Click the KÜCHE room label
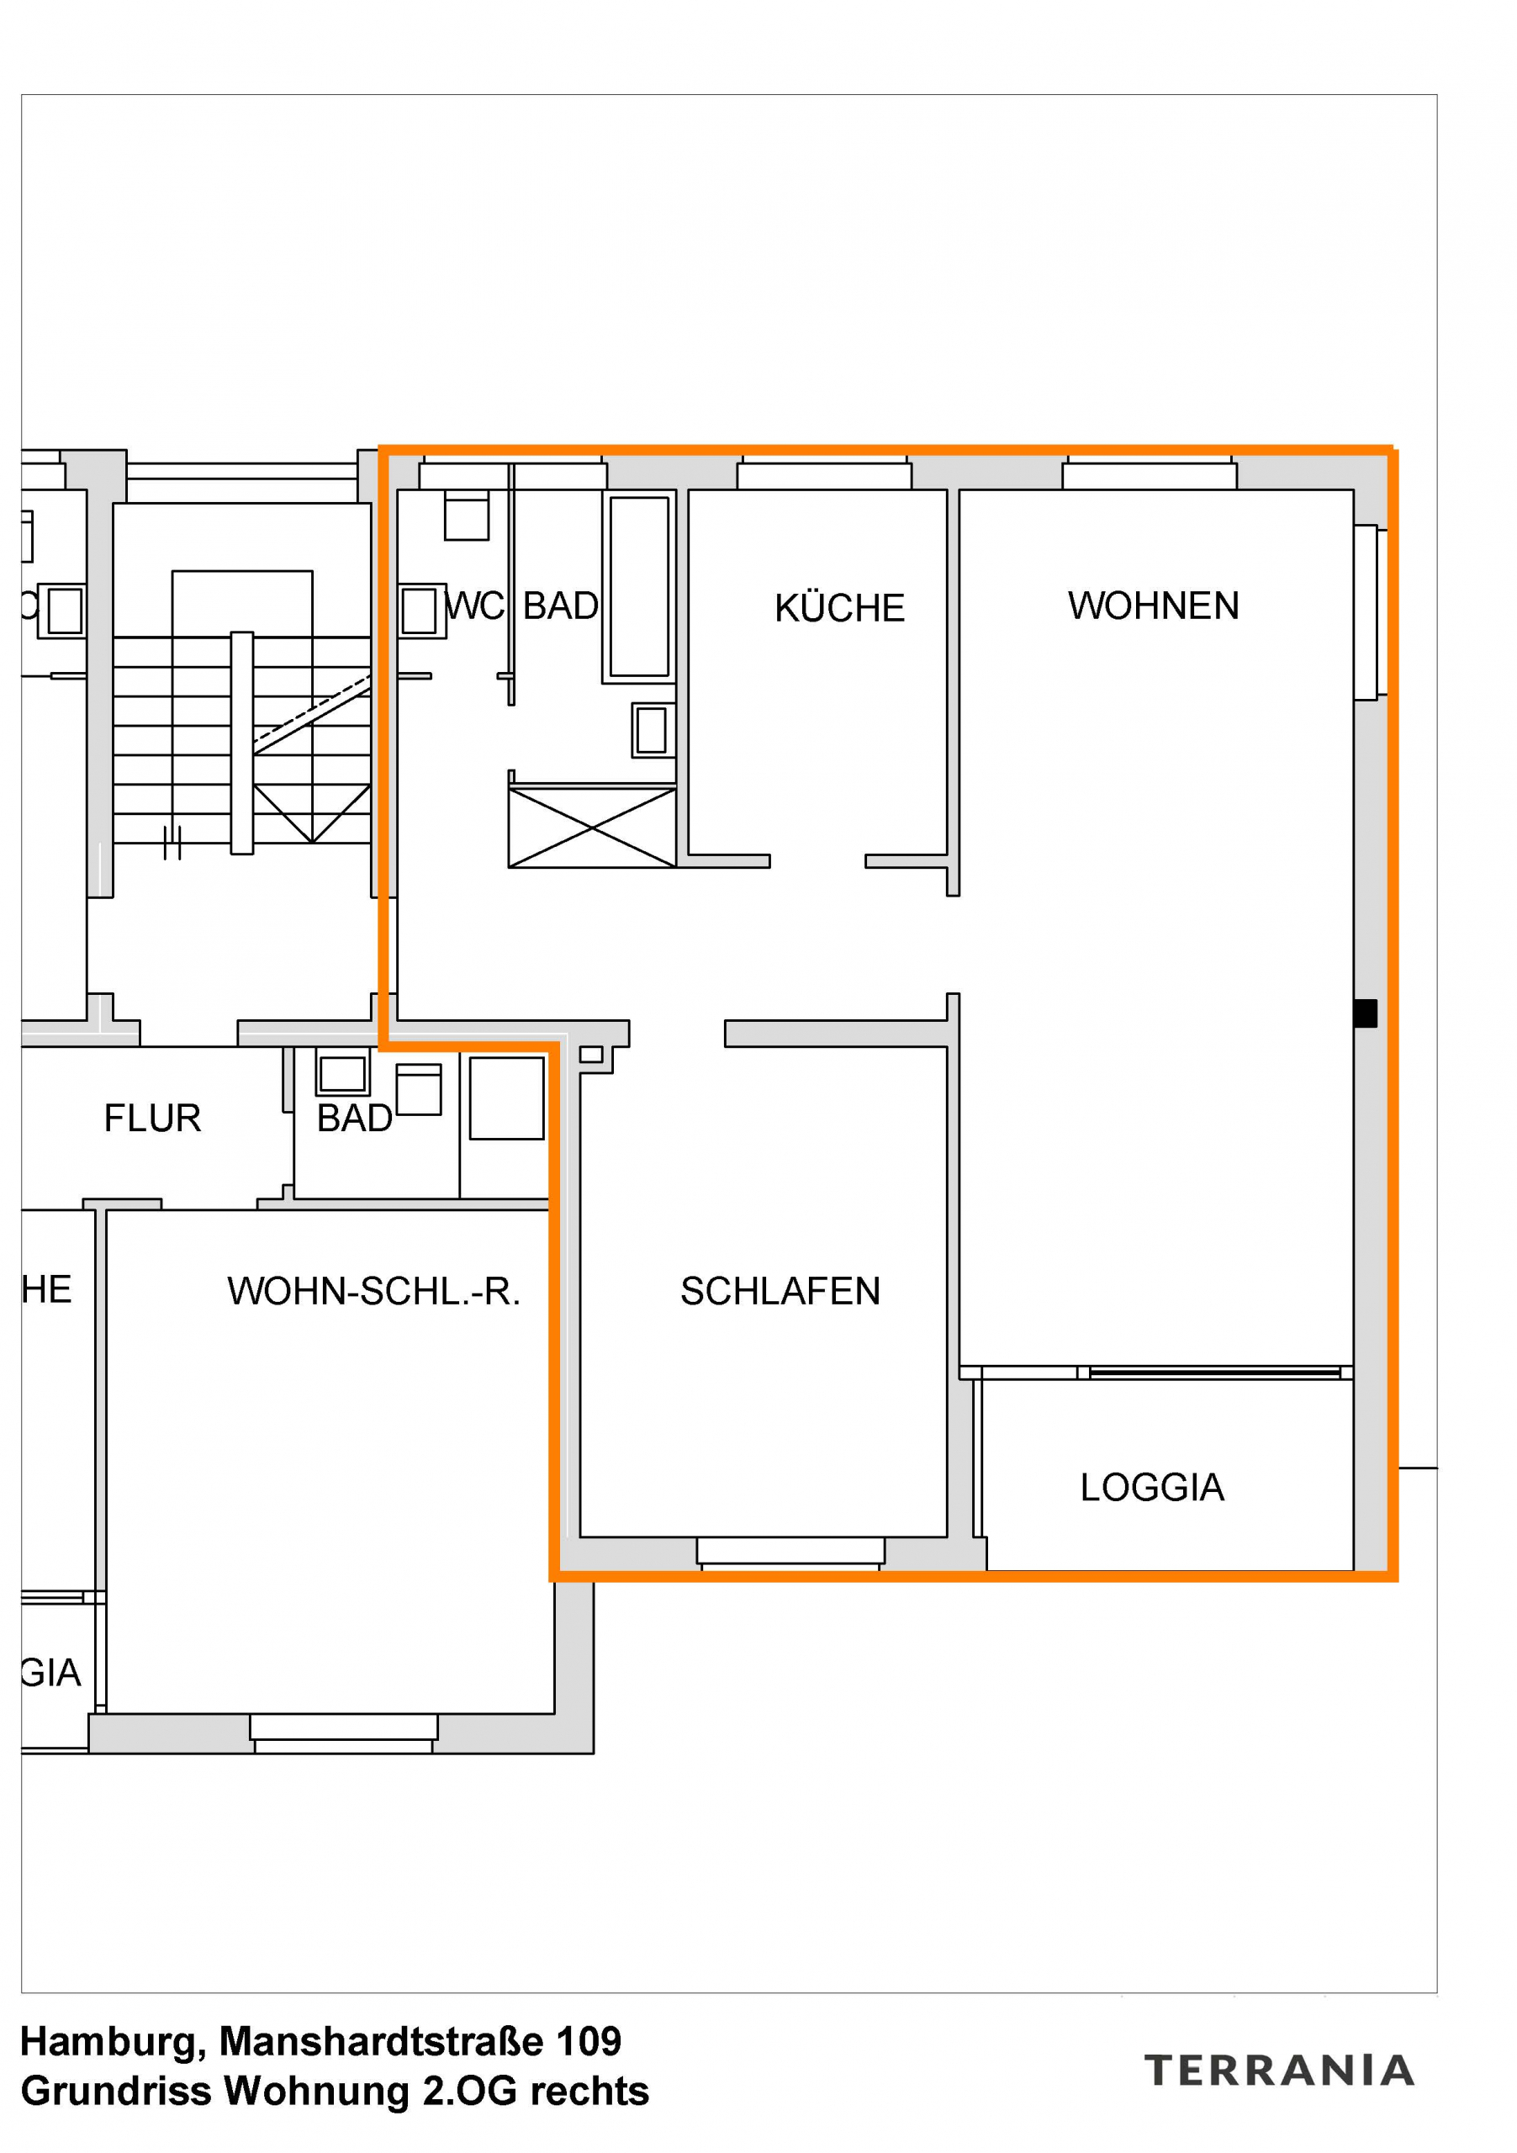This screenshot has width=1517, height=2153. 839,608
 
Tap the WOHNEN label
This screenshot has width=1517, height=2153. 1152,606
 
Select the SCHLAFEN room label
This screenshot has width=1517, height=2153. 780,1291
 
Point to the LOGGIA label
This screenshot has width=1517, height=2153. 1151,1487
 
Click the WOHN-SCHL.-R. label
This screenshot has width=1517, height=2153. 373,1291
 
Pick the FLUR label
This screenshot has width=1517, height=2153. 153,1118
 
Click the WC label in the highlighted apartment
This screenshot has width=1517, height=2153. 474,606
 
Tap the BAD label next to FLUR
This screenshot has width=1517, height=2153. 354,1118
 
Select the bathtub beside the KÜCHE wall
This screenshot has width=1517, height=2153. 638,586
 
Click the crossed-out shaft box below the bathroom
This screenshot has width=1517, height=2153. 592,827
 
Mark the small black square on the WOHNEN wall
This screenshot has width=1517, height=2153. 1365,1013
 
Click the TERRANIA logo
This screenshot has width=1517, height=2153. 1279,2070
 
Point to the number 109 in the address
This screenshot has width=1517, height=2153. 589,2041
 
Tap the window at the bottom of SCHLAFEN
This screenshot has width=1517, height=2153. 790,1552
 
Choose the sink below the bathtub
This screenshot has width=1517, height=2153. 652,729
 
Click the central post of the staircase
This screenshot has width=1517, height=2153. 242,743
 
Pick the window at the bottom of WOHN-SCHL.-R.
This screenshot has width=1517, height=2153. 344,1730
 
